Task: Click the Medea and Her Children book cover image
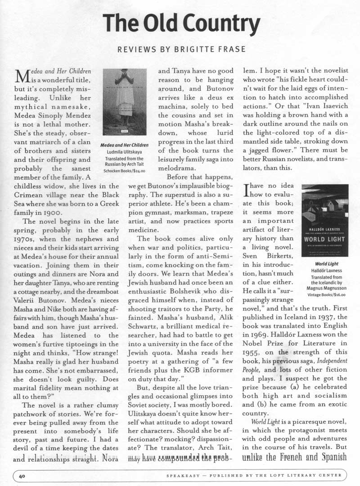coord(124,102)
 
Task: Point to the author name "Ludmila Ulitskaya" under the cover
coord(125,152)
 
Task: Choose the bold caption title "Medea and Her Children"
coord(125,145)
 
